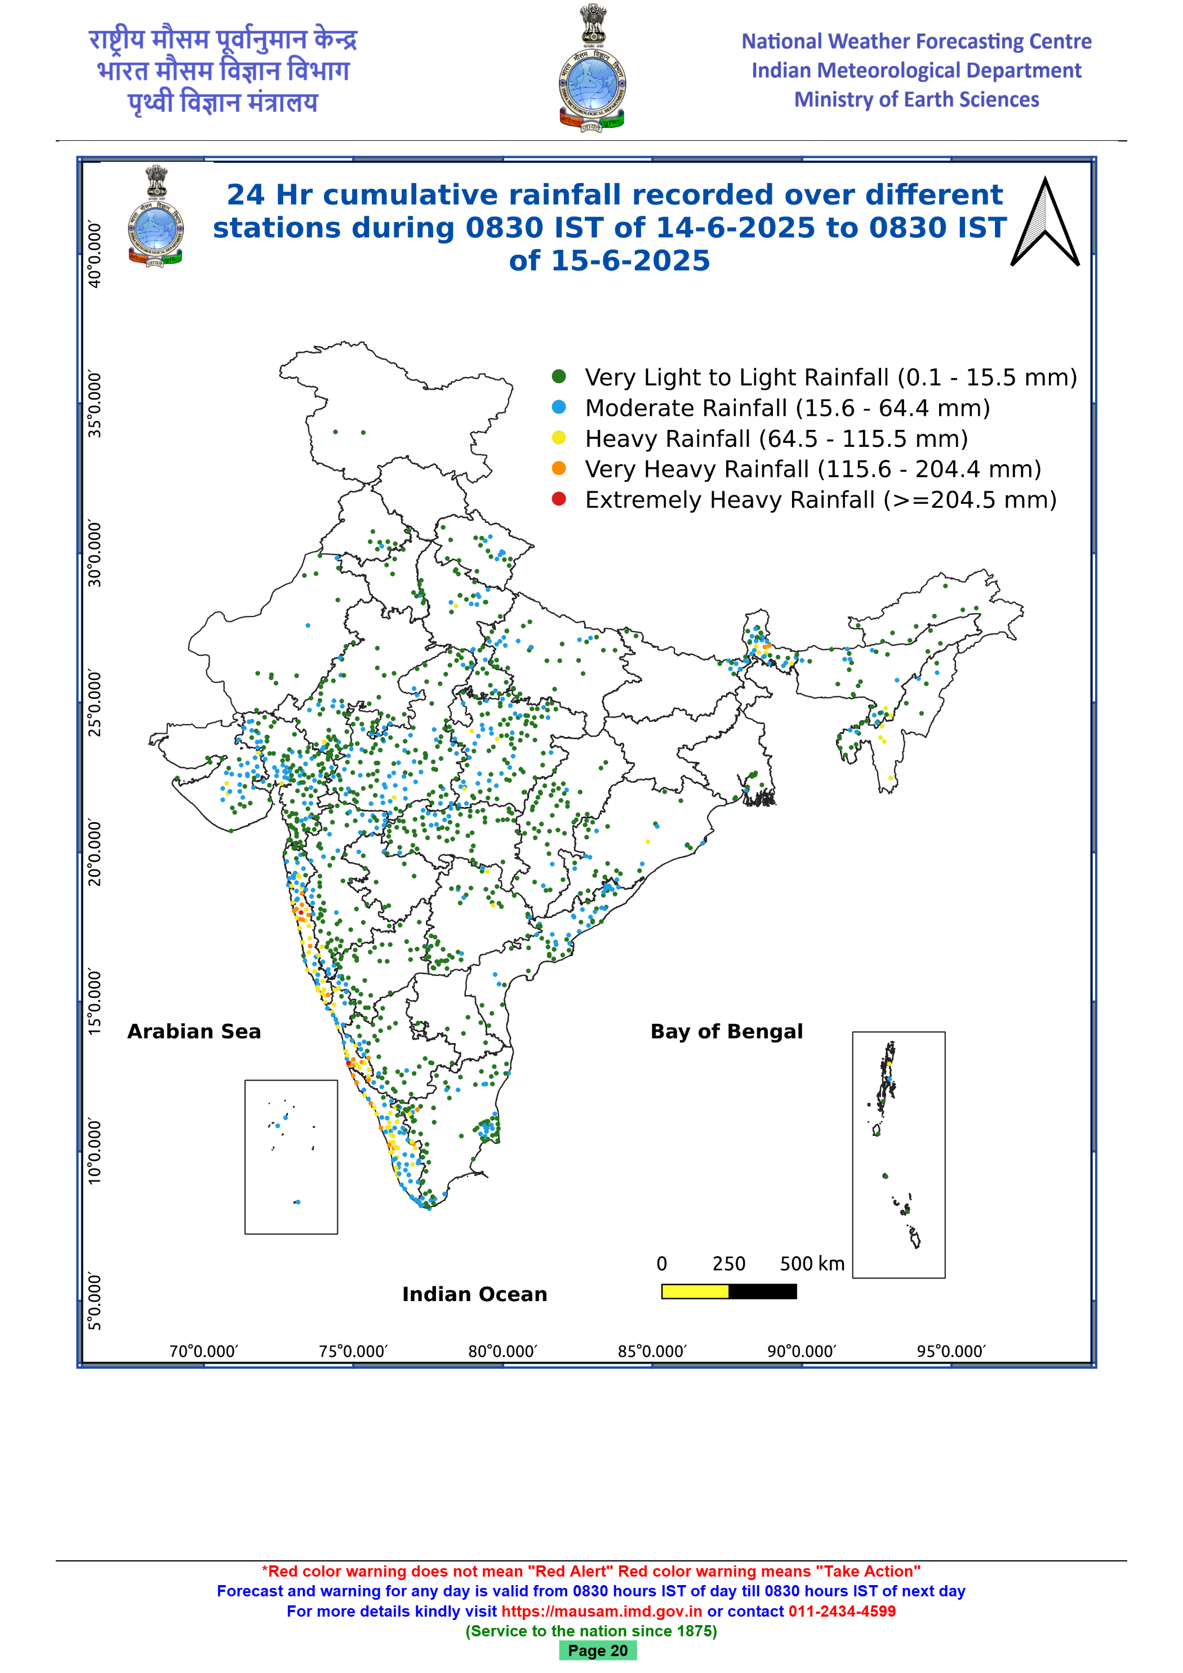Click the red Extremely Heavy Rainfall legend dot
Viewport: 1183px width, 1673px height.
pos(559,499)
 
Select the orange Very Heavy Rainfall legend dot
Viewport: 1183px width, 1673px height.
pos(559,468)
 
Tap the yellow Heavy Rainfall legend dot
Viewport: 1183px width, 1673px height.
pos(559,437)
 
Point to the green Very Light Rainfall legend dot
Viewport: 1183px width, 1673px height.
pos(559,376)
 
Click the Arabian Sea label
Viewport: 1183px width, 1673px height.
pos(194,1032)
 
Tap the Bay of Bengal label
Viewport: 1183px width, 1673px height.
pos(726,1032)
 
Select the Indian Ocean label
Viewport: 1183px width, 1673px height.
pos(474,1294)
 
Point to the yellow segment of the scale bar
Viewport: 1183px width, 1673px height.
pos(695,1292)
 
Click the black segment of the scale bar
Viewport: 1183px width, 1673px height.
pos(763,1292)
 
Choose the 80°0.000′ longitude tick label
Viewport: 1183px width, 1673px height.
pos(502,1352)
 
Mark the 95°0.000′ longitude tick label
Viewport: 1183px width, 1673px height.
pos(951,1352)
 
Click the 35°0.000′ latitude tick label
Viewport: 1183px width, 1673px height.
pos(95,405)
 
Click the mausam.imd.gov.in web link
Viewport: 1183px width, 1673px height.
pos(602,1611)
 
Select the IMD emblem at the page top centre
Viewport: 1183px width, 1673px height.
pos(591,68)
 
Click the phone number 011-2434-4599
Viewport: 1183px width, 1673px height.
pos(842,1611)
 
